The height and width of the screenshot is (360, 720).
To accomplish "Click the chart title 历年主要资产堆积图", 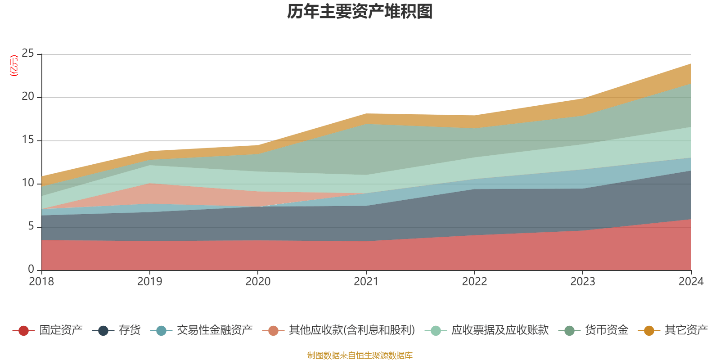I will pos(360,12).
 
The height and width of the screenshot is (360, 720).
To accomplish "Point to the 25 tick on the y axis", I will pos(28,54).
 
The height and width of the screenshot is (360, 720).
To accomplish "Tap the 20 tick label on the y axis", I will pos(28,97).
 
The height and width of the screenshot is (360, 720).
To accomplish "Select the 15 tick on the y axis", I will pos(28,140).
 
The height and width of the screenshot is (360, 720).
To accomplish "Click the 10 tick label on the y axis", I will pos(28,183).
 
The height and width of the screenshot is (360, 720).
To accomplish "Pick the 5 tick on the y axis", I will pos(31,226).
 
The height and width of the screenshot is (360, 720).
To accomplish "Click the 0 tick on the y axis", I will pos(31,269).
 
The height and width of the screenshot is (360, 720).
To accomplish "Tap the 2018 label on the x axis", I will pos(41,282).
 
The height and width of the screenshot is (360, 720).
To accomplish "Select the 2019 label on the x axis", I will pos(149,282).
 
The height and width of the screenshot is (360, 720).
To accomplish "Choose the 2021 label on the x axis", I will pos(366,282).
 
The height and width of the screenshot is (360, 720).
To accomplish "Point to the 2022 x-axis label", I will pos(474,282).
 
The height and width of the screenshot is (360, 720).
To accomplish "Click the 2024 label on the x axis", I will pos(691,282).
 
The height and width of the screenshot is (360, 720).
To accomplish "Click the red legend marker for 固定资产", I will pos(23,331).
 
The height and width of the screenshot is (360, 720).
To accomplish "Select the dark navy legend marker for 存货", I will pos(103,331).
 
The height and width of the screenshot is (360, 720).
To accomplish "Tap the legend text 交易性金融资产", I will pos(215,330).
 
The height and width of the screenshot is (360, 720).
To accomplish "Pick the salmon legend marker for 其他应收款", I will pos(273,331).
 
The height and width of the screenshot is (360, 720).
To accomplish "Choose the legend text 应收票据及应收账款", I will pos(499,330).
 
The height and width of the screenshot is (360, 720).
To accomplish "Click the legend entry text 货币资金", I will pos(606,330).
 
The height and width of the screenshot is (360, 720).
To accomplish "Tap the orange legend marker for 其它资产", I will pos(649,331).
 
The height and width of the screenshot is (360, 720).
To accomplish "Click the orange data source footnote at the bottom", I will pos(360,355).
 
